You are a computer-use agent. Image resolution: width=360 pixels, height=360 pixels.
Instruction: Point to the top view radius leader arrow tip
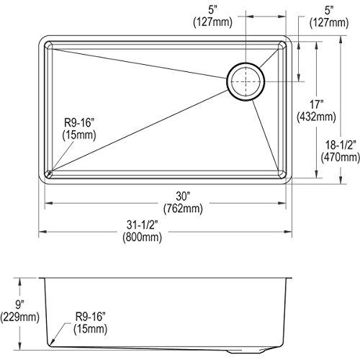[48, 173]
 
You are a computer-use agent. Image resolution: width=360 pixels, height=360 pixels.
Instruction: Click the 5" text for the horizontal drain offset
[210, 9]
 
